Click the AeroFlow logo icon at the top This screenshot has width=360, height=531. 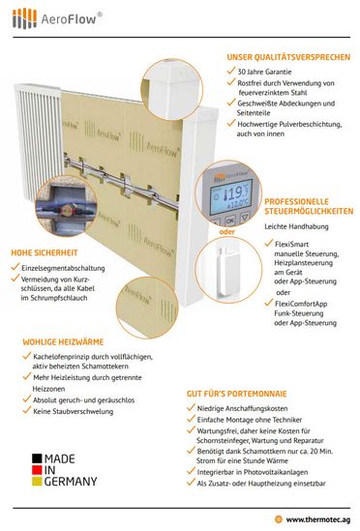pos(24,18)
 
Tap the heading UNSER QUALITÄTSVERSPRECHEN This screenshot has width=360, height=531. pos(288,57)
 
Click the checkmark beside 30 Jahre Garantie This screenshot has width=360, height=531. pos(231,71)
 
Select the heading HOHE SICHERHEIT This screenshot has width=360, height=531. pos(45,252)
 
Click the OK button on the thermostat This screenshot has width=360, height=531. pos(229,221)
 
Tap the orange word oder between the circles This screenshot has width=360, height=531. pos(226,231)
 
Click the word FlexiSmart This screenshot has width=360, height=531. pos(291,244)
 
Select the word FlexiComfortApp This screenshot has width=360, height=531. pos(301,304)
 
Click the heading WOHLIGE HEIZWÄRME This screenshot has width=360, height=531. pos(63,341)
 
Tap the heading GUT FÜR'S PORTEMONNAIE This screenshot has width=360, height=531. pos(236,394)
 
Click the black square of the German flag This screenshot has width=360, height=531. pos(37,458)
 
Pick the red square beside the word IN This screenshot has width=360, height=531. pos(37,470)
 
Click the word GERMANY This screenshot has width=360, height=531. pos(71,482)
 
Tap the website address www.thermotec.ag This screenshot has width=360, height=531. pos(318,519)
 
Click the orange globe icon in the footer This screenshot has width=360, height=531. pos(279,519)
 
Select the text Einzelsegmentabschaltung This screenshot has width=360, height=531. pos(63,268)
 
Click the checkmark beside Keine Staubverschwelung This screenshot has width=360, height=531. pos(27,410)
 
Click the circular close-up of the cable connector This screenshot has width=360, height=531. pos(66,206)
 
